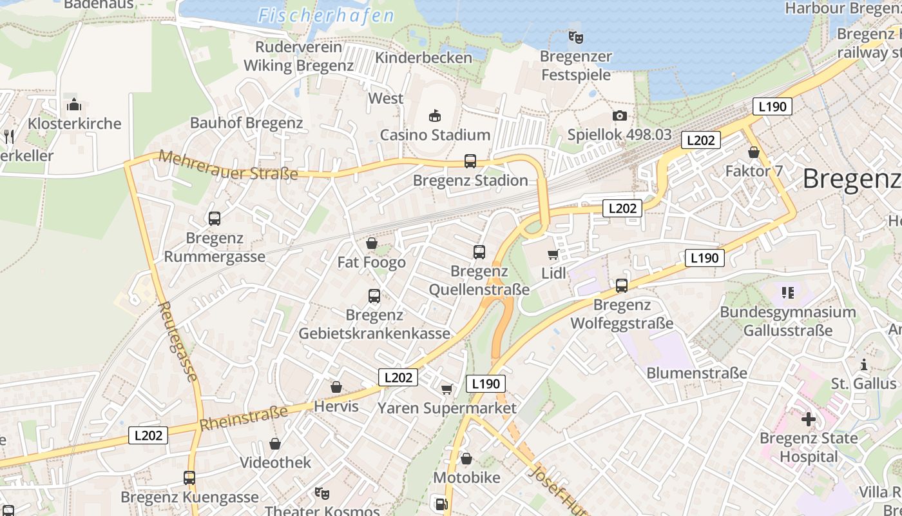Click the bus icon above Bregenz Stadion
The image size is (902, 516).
pyautogui.click(x=470, y=161)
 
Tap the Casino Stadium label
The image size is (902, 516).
pyautogui.click(x=435, y=135)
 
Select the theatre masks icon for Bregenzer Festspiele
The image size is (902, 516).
pyautogui.click(x=575, y=37)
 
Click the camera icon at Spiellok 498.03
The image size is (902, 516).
pyautogui.click(x=619, y=115)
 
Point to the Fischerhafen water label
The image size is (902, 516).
pyautogui.click(x=326, y=16)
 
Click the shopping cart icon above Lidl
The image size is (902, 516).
pyautogui.click(x=553, y=254)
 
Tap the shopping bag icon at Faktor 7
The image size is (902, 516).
pyautogui.click(x=753, y=152)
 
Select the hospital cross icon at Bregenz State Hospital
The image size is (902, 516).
pyautogui.click(x=808, y=419)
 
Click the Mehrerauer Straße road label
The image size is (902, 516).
pyautogui.click(x=228, y=165)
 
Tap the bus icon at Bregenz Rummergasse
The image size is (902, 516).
pyautogui.click(x=215, y=219)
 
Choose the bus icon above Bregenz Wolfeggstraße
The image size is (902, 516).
pyautogui.click(x=622, y=285)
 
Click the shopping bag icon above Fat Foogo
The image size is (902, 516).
pyautogui.click(x=372, y=243)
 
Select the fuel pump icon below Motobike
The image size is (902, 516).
pyautogui.click(x=441, y=504)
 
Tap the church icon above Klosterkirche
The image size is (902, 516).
pyautogui.click(x=74, y=104)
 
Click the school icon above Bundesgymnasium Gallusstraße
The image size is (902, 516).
pyautogui.click(x=787, y=293)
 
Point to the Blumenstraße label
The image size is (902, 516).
pyautogui.click(x=696, y=373)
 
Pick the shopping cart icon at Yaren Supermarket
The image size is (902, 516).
pyautogui.click(x=446, y=389)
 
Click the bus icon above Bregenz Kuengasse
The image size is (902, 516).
pyautogui.click(x=189, y=478)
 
